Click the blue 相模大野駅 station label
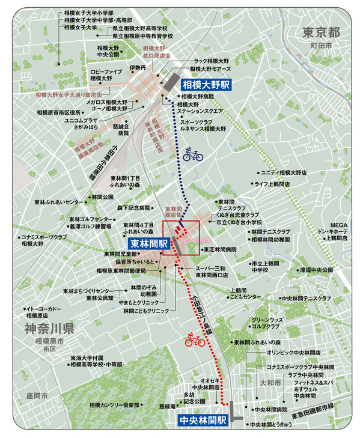206,86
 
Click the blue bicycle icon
193,154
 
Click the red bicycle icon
194,340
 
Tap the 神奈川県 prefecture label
49,329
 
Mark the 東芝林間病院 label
219,249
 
